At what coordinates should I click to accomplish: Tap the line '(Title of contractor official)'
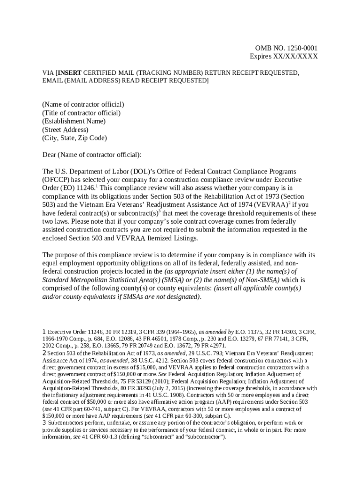81,113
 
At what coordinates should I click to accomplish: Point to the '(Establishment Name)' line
74,121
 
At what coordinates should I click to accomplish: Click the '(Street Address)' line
65,130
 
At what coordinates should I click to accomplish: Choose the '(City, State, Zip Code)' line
75,138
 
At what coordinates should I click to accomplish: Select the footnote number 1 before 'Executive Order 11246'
44,332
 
